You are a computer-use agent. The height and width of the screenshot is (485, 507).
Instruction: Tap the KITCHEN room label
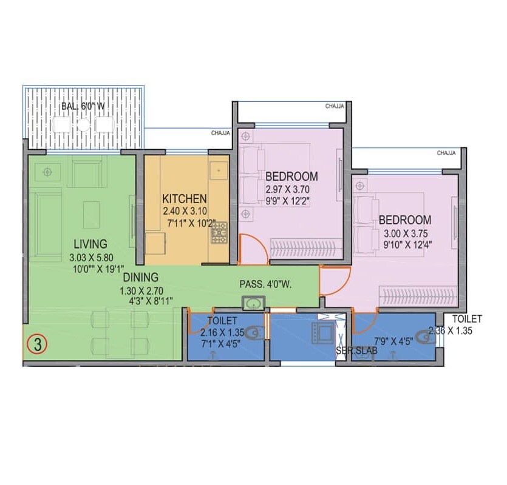point(185,199)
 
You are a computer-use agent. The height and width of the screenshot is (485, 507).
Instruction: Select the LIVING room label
point(88,244)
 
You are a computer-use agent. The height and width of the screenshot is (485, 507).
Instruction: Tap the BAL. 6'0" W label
point(83,107)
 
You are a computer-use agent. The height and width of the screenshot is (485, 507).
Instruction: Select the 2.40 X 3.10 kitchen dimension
point(185,212)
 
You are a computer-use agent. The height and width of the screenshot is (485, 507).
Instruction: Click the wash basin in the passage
point(252,303)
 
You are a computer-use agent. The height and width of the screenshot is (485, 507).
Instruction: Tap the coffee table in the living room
point(92,214)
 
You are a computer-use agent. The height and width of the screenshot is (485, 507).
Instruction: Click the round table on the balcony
point(83,124)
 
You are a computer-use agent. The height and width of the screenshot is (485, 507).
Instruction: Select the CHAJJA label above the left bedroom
point(334,106)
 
